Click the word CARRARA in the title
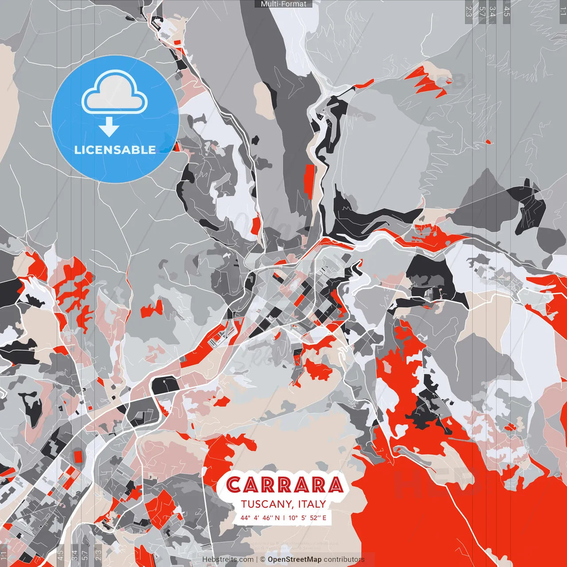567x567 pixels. click(284, 485)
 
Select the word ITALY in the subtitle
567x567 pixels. click(312, 504)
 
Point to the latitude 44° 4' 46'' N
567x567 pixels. click(260, 517)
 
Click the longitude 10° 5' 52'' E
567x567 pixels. click(307, 517)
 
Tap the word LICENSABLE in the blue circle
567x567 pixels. click(115, 150)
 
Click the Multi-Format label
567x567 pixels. click(283, 4)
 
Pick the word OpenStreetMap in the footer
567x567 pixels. click(295, 559)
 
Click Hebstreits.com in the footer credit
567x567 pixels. click(228, 559)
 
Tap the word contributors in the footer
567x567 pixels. click(344, 559)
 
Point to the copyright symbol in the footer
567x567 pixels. click(262, 559)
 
